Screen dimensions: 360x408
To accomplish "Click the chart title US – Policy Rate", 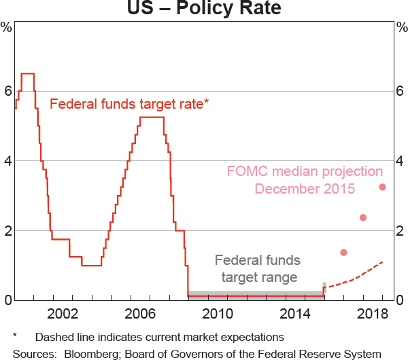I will pos(203,10).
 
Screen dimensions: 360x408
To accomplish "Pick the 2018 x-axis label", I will pos(373,314).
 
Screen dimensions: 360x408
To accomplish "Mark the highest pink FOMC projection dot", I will pos(382,187).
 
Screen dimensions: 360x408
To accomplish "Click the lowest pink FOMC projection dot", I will pos(343,253).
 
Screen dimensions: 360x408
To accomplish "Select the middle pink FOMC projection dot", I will pos(363,217).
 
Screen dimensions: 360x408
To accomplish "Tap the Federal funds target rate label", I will pos(129,104).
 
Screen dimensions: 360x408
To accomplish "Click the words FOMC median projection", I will pos(305,172).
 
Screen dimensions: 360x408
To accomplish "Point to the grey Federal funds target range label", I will pos(256,268).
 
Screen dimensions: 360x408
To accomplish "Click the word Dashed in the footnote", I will pos(54,337).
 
